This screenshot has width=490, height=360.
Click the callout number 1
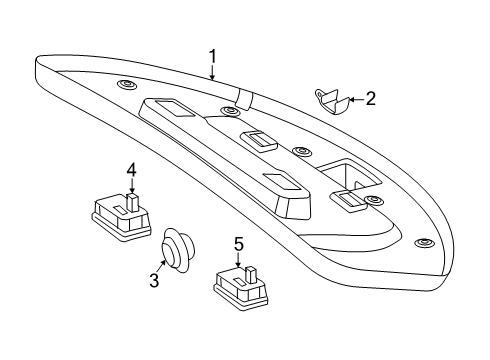click(x=212, y=57)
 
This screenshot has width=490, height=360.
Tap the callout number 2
click(x=371, y=99)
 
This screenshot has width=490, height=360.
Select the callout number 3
click(x=154, y=280)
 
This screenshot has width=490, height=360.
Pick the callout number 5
click(x=239, y=244)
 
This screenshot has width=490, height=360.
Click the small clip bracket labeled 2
click(x=332, y=100)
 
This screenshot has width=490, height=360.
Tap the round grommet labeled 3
click(x=178, y=250)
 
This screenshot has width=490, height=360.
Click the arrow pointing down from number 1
click(x=212, y=73)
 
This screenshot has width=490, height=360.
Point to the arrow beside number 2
click(x=357, y=99)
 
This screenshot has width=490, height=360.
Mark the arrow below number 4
click(x=132, y=186)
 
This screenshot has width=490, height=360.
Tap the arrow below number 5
click(x=238, y=260)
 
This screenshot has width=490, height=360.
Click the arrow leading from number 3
click(x=163, y=266)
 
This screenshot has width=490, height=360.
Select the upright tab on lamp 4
click(x=133, y=202)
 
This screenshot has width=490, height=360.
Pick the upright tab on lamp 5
click(x=251, y=275)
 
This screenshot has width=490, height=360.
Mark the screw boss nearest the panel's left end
click(x=127, y=84)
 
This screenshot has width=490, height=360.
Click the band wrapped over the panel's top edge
click(x=244, y=99)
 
